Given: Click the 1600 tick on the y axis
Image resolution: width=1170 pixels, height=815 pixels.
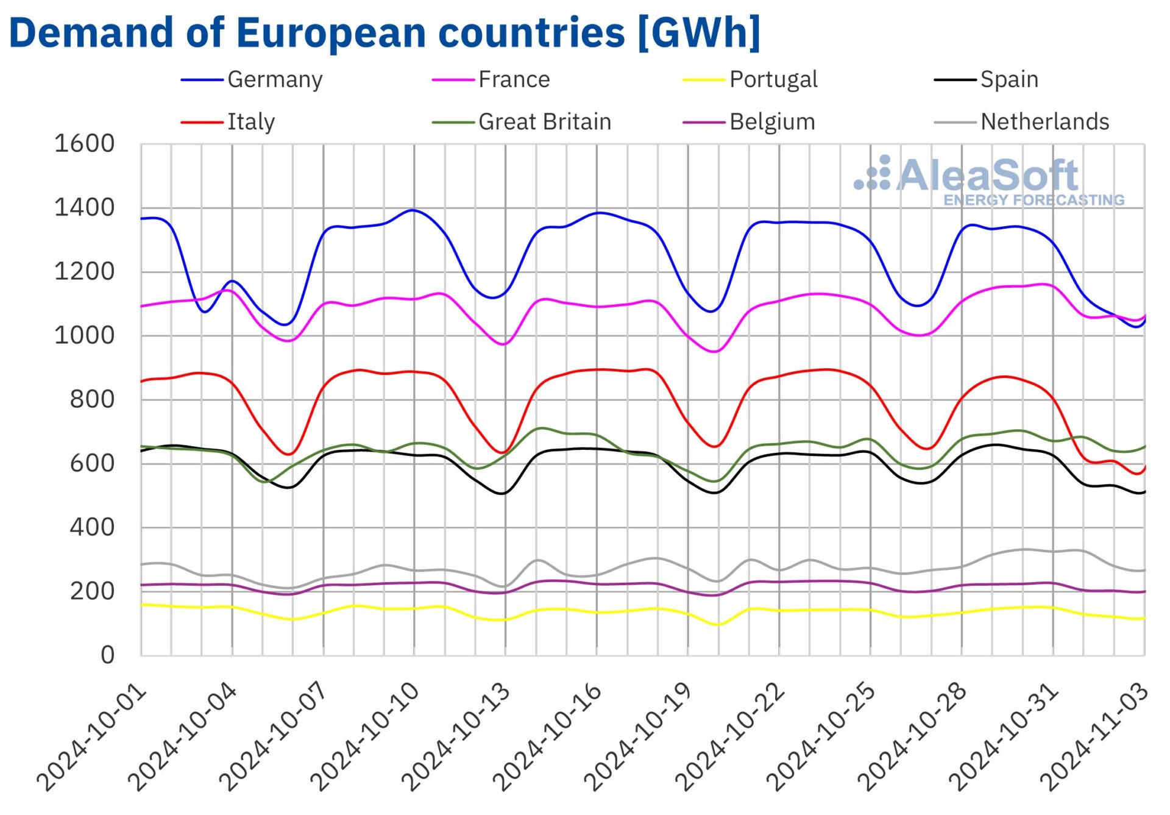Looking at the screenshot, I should pos(84,144).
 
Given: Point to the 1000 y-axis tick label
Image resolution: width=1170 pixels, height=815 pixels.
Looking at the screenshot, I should pos(84,336).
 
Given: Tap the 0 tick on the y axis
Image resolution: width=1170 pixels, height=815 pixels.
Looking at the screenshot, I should pos(107,655).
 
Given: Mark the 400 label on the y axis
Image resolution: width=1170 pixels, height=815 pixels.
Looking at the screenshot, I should pos(91,527).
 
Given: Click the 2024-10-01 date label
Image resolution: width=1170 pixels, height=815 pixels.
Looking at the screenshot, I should pos(91,738).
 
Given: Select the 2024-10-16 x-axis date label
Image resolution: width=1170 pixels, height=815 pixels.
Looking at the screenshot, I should pos(547,738).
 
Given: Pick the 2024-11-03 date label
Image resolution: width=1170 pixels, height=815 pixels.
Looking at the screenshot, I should pos(1094,738).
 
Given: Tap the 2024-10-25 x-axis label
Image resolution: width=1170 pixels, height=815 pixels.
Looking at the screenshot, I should pos(821,738).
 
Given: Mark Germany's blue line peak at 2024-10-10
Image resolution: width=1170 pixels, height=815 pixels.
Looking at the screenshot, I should pos(413,210).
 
